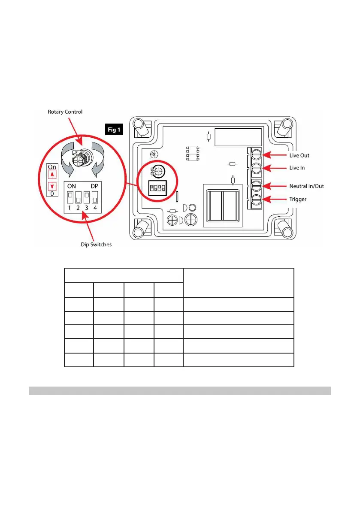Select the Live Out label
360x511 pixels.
point(299,155)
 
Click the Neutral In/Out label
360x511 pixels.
point(307,187)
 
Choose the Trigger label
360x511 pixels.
point(297,200)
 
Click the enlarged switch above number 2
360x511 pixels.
point(78,197)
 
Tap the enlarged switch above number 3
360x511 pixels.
point(86,197)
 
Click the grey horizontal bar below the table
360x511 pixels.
point(179,390)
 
